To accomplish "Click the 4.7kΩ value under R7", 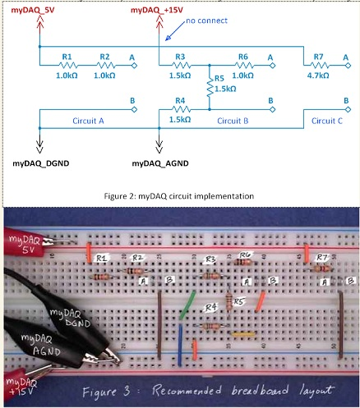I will (x=317, y=75).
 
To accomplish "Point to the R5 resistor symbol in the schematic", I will (x=210, y=86).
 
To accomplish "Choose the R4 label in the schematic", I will (x=180, y=101).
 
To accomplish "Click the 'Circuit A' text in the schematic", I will (x=81, y=120).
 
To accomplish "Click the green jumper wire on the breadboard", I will (x=187, y=305).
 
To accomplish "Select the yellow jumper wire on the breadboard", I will (x=242, y=334).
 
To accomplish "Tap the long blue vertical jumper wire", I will (x=179, y=346).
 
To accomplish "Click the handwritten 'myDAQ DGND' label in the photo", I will (x=71, y=319).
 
